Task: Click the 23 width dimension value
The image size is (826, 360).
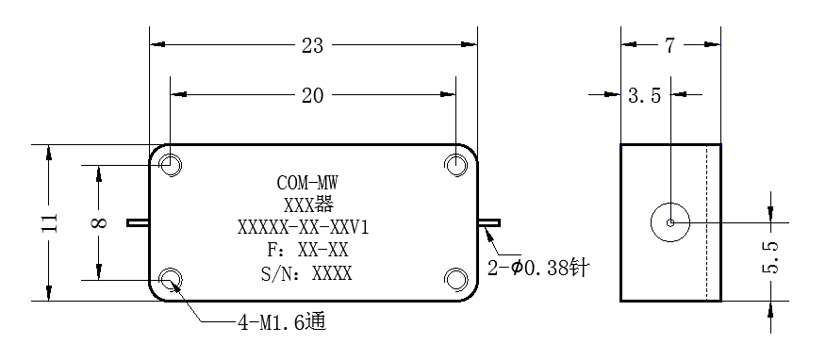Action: (x=312, y=46)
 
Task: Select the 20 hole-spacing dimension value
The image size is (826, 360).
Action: (x=312, y=95)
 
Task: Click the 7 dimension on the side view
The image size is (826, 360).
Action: (x=669, y=46)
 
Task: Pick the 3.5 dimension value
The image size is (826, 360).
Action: (x=644, y=96)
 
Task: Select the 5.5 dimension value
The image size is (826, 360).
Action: (x=770, y=257)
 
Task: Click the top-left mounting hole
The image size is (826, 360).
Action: (x=171, y=165)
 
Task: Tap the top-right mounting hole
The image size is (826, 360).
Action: (x=455, y=165)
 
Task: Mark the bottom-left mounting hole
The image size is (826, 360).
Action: (x=171, y=280)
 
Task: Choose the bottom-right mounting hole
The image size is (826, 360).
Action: (x=455, y=280)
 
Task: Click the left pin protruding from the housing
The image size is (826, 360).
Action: (x=138, y=222)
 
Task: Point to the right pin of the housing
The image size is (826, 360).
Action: (x=489, y=222)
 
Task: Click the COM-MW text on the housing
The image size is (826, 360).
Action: (x=307, y=183)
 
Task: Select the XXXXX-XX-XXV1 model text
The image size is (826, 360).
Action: (x=303, y=228)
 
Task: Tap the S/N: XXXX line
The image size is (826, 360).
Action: (x=306, y=273)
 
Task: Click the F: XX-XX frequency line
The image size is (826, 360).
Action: (x=308, y=250)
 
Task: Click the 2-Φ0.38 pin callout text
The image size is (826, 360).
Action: (x=538, y=269)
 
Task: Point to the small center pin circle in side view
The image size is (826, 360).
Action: (x=670, y=222)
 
